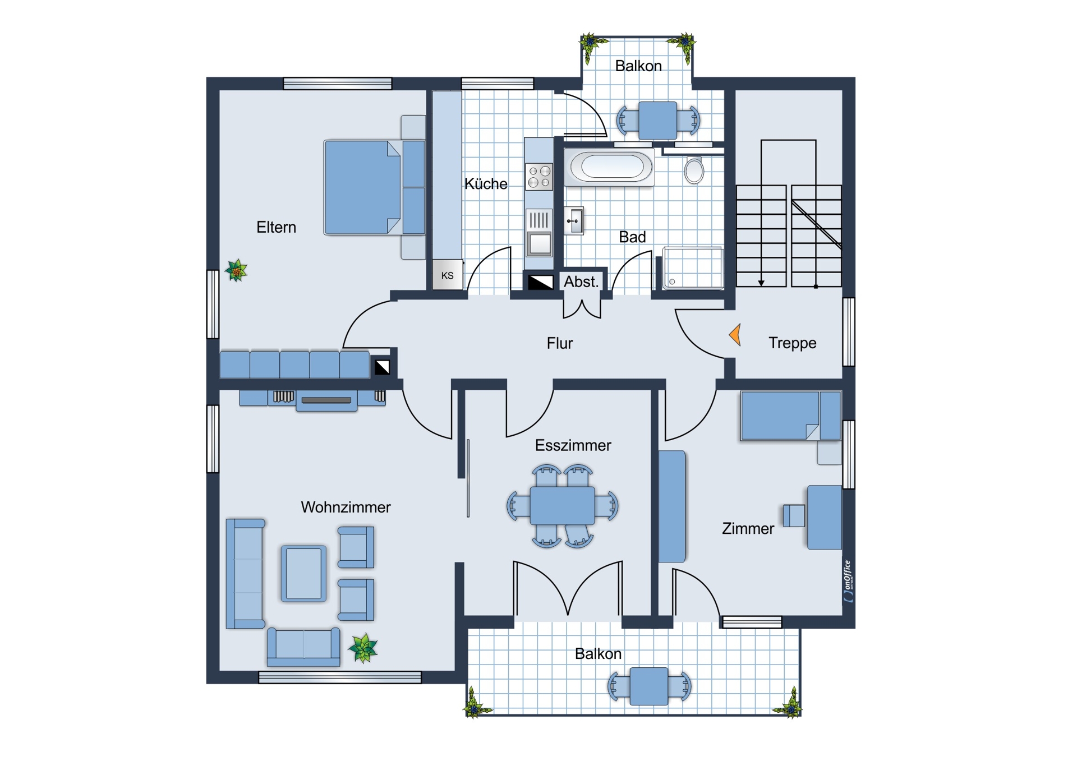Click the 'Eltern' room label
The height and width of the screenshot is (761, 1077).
tap(276, 227)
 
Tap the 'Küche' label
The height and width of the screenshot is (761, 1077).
tap(486, 183)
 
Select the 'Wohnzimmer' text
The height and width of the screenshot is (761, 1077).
tap(346, 507)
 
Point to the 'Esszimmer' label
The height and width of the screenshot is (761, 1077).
tap(573, 445)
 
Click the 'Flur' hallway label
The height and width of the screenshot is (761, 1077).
tap(560, 343)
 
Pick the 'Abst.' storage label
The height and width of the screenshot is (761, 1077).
tap(581, 282)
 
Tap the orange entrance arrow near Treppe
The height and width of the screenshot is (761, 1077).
tap(735, 335)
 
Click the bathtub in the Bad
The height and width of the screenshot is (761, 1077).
tap(610, 167)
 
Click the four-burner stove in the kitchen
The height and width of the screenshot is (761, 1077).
tap(539, 177)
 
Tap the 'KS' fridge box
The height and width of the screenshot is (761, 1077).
tap(448, 275)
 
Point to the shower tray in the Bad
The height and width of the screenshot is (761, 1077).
tap(693, 268)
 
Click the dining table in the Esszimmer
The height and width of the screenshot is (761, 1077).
tap(562, 505)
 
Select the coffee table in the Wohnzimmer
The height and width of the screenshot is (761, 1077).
tap(303, 573)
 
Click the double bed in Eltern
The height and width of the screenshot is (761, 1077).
tap(374, 187)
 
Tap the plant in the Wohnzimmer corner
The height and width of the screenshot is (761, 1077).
tap(363, 648)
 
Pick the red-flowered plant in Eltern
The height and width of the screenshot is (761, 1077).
tap(236, 271)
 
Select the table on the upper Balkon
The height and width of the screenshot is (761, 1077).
tap(657, 120)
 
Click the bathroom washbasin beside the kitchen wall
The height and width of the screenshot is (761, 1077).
tap(574, 221)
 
